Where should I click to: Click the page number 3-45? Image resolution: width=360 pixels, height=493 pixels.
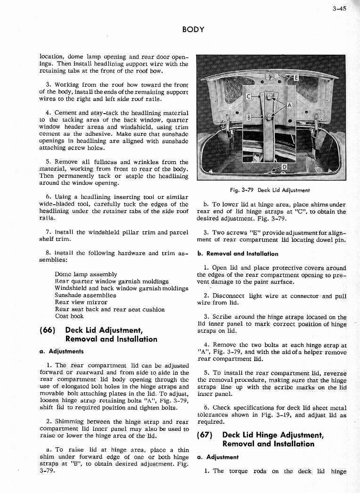tap(339, 8)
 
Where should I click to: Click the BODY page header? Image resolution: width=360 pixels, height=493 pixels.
tap(193, 30)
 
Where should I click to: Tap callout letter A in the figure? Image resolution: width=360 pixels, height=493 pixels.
tap(289, 105)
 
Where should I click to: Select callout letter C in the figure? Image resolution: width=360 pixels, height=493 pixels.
tap(249, 97)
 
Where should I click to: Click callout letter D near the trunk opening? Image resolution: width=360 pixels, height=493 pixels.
tap(284, 167)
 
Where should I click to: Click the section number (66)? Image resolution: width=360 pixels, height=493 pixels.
tap(49, 330)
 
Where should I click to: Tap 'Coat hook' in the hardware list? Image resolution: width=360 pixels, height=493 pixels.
tap(69, 316)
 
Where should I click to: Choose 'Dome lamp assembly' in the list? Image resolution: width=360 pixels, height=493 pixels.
tap(86, 274)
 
